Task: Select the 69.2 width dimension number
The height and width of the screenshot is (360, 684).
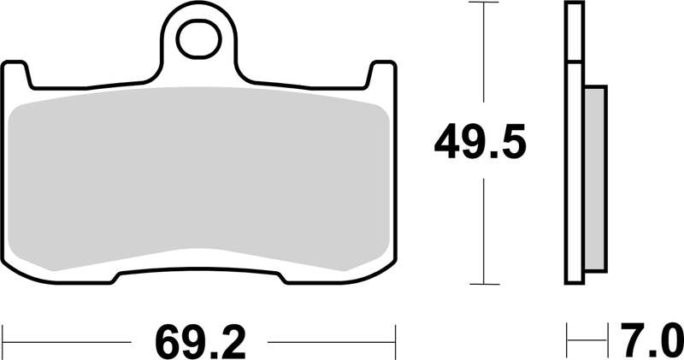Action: [x=201, y=341]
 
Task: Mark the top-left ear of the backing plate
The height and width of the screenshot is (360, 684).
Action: [x=17, y=74]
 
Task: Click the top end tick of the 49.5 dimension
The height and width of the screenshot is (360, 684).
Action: [x=485, y=4]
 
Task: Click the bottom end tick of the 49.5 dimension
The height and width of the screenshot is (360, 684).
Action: [x=485, y=284]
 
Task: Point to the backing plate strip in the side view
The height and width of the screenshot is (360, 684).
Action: [x=571, y=145]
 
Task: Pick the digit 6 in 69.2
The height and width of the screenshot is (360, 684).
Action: [x=168, y=341]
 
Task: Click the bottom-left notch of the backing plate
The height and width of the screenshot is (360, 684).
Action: [x=117, y=276]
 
